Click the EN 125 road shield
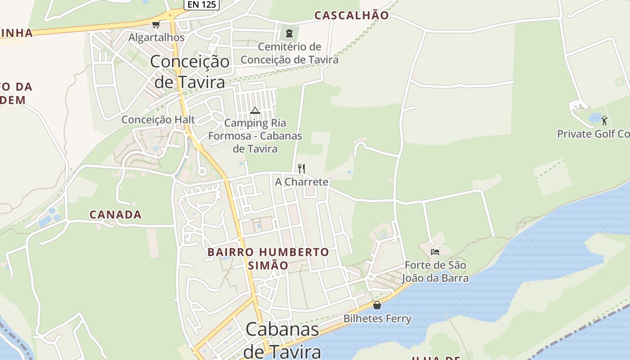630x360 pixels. click(202, 4)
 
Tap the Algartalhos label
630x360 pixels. click(157, 37)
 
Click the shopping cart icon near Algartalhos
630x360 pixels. click(156, 24)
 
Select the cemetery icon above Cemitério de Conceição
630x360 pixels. click(289, 33)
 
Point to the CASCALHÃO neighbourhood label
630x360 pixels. click(351, 15)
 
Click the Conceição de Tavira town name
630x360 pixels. click(189, 72)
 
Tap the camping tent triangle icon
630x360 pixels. click(255, 110)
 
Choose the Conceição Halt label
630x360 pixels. click(158, 120)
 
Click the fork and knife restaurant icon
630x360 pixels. click(301, 169)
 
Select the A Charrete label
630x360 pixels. click(301, 182)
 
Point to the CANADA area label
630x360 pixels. click(116, 215)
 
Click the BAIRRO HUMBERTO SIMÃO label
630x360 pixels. click(268, 259)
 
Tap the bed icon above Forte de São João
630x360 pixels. click(435, 252)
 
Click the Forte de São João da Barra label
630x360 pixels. click(435, 272)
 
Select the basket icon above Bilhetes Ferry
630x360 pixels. click(377, 305)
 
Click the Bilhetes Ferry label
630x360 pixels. click(377, 319)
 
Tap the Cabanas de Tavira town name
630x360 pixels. click(283, 340)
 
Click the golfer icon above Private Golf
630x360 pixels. click(604, 121)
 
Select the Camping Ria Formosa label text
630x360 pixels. click(255, 135)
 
